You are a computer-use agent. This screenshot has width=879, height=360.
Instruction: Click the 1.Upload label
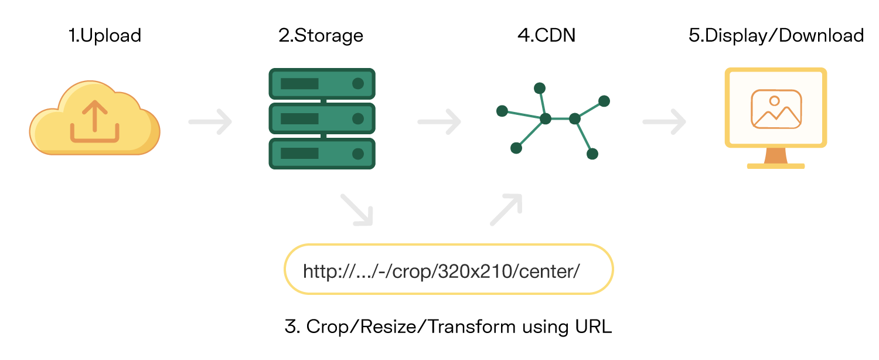[x=105, y=35]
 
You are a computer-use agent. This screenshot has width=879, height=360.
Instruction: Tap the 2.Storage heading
[x=321, y=35]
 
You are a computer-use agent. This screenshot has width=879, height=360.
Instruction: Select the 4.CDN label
[x=546, y=35]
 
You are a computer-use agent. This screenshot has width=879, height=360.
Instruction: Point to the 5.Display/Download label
[x=776, y=35]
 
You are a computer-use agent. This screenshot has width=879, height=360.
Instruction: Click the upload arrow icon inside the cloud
[x=95, y=121]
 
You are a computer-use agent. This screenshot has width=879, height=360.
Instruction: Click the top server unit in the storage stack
[x=322, y=83]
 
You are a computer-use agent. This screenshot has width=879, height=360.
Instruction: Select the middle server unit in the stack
[x=322, y=119]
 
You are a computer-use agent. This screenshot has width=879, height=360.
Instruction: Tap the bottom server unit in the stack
[x=322, y=154]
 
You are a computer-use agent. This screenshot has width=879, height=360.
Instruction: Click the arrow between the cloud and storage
[x=210, y=122]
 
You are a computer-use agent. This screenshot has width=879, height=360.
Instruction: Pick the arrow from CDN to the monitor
[x=665, y=122]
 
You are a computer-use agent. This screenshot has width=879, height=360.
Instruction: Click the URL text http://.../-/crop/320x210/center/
[x=441, y=271]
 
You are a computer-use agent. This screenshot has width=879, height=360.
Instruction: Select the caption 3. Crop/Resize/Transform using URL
[x=448, y=327]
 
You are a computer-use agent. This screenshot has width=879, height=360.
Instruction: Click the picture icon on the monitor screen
[x=776, y=109]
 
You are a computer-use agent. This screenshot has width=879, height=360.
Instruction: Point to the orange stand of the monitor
[x=776, y=155]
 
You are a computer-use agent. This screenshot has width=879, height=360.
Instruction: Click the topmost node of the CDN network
[x=540, y=88]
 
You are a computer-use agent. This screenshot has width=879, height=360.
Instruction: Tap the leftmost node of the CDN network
[x=502, y=111]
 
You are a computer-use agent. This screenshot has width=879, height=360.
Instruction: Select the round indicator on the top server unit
[x=357, y=83]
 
